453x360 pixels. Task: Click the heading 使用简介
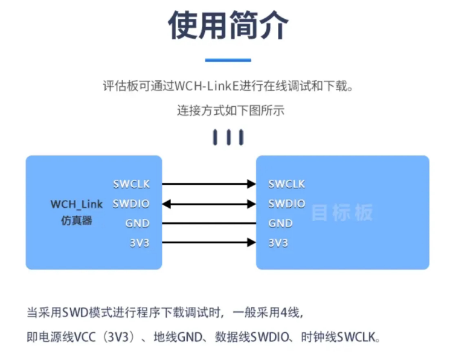228,25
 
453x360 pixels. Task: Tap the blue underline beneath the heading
228,60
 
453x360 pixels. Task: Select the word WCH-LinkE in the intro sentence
207,86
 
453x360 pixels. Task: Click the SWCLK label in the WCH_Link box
132,184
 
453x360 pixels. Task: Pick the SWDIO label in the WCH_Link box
131,204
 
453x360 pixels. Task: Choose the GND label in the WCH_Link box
137,223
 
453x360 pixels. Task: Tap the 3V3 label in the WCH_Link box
140,243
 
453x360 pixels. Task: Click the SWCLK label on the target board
286,184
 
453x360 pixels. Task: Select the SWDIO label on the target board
286,204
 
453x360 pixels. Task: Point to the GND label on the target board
280,223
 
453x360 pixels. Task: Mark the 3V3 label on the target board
278,243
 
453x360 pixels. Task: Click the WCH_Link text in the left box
77,204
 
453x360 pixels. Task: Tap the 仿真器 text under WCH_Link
77,220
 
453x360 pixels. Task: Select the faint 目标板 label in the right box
342,213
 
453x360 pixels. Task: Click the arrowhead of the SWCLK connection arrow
252,184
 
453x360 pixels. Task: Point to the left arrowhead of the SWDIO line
167,204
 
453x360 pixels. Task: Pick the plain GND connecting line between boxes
209,223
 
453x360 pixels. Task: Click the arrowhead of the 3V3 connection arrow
252,242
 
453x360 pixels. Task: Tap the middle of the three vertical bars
228,137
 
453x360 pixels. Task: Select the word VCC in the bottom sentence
85,337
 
